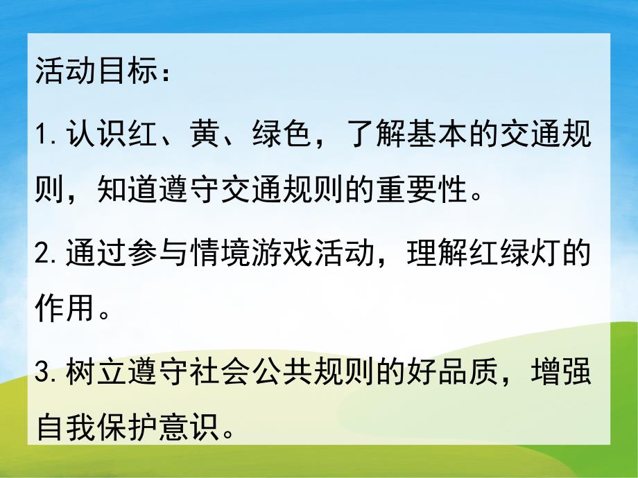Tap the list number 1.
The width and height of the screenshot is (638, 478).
point(42,134)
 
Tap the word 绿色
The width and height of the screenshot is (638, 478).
point(285,134)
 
